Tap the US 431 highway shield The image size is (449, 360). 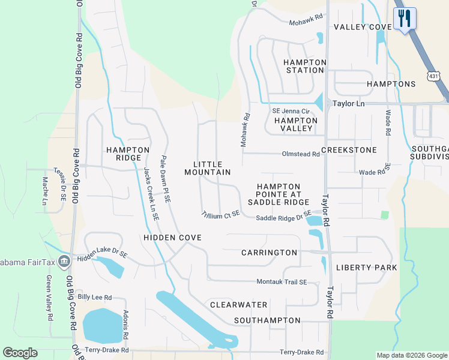point(434,76)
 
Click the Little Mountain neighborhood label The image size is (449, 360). point(207,168)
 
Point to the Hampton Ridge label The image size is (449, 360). point(128,154)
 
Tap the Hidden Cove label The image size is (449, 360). point(172,238)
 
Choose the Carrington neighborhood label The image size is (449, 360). point(269,253)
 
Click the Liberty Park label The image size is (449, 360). point(366,267)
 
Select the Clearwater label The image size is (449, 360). point(238,305)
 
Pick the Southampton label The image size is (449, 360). point(267,320)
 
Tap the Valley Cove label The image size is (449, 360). point(363,27)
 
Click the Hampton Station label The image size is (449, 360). point(304,66)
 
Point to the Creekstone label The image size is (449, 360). point(349,149)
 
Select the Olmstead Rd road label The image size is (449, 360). point(300,154)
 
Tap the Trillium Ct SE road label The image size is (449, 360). point(220,214)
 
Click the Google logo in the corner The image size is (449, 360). point(20,353)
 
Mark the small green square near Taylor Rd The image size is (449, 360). point(384,214)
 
